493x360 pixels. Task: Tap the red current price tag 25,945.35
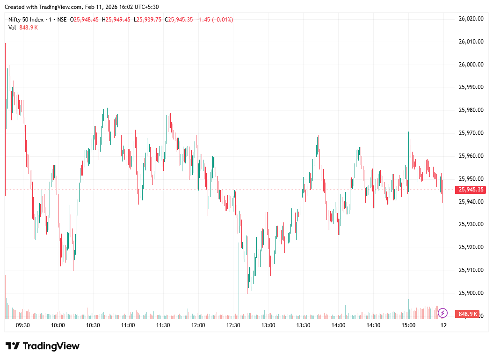[x=471, y=190]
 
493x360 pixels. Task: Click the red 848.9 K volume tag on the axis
[x=468, y=314]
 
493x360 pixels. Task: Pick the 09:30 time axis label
[x=23, y=325]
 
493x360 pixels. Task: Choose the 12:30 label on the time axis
[x=233, y=325]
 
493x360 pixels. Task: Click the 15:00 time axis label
[x=408, y=325]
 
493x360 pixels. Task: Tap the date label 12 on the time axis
[x=443, y=325]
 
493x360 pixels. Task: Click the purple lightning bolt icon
[x=443, y=313]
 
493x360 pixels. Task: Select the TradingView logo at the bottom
[x=43, y=346]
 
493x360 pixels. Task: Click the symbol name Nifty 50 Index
[x=26, y=20]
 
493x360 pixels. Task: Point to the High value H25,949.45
[x=116, y=20]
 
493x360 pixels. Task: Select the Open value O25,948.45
[x=84, y=20]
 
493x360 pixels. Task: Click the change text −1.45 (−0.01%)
[x=214, y=20]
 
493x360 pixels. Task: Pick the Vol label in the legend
[x=12, y=28]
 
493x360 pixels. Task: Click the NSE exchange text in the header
[x=62, y=20]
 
